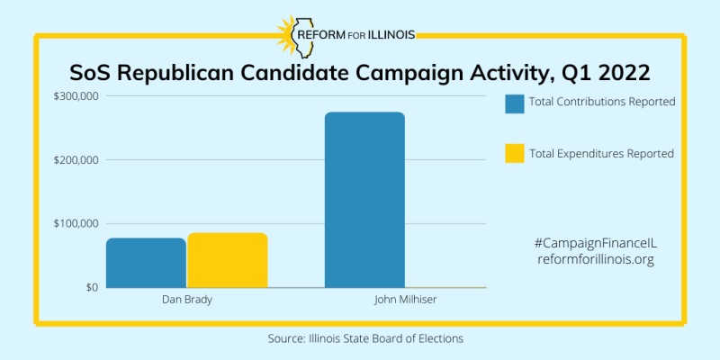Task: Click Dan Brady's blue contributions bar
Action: coord(146,263)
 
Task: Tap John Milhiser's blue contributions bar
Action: coord(364,200)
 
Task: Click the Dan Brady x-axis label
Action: coord(186,300)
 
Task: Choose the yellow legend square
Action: coord(515,154)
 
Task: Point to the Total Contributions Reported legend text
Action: coord(602,102)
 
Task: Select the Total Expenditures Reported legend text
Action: coord(601,154)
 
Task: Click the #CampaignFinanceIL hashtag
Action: coord(596,243)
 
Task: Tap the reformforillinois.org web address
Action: coord(596,259)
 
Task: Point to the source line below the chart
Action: coord(365,338)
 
